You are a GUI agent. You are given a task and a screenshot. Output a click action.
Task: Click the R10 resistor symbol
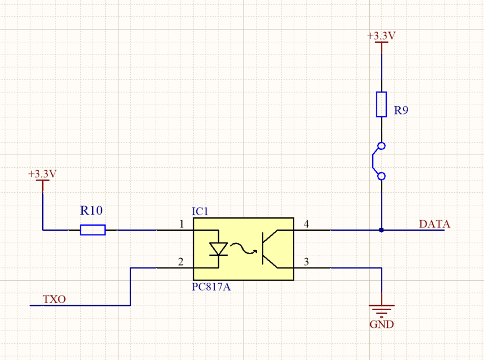click(93, 230)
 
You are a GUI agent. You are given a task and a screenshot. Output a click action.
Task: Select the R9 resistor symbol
click(381, 104)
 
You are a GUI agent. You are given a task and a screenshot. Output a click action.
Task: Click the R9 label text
click(401, 110)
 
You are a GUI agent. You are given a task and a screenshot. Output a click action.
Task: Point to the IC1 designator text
click(200, 211)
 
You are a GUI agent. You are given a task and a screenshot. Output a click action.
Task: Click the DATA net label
click(434, 224)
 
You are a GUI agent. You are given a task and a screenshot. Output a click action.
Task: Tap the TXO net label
click(54, 299)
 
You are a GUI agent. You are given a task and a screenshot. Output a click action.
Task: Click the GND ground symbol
click(381, 309)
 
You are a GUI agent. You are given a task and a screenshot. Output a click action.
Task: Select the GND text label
click(381, 324)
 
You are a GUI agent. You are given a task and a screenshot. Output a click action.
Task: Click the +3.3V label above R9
click(381, 36)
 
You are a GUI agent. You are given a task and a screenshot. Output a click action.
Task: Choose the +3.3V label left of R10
click(43, 174)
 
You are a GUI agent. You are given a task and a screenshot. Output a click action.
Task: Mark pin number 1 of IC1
click(181, 224)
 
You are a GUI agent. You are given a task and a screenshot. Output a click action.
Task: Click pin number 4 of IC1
click(306, 224)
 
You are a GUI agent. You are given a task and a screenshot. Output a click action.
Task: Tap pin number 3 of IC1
click(306, 262)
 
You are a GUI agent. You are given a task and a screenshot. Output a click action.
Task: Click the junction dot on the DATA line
click(381, 230)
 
